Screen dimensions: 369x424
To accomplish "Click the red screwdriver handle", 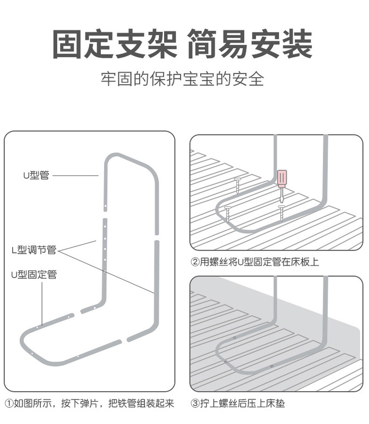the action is coord(281,178).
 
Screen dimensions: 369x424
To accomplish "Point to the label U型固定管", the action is coord(34,275).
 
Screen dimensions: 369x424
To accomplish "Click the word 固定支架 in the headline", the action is coord(115,45).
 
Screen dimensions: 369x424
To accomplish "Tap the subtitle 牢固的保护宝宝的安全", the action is coord(183,80).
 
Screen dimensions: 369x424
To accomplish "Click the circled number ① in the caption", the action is coord(9,403).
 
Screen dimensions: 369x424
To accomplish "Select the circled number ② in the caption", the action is coord(195,262).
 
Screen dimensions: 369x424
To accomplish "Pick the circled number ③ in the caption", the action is coord(195,403).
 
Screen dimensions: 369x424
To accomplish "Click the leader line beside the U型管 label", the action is coord(76,175).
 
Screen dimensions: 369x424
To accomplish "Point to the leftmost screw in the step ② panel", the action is coord(228,212).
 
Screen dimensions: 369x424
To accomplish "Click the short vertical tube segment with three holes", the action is coord(105,236).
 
